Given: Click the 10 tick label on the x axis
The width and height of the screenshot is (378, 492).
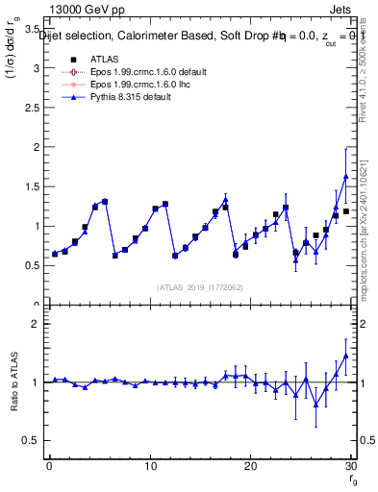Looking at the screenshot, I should pos(149,466).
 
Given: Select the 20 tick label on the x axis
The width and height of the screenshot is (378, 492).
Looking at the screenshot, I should pos(250,466).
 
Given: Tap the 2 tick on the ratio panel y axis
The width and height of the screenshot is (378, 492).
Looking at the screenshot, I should pos(35,324).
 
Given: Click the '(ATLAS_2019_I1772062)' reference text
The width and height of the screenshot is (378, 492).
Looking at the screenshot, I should pos(198,286).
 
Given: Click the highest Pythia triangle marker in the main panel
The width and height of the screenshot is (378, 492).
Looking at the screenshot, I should pos(345,177).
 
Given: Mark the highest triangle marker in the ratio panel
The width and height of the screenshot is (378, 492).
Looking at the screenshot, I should pos(345,356).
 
